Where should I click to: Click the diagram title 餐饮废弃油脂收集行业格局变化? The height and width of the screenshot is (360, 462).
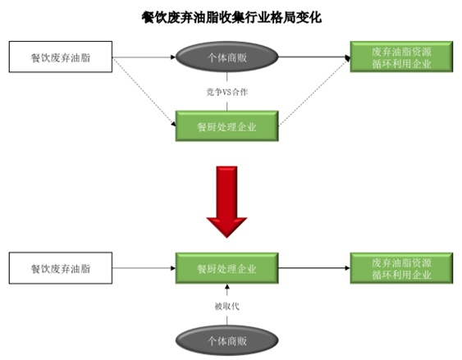pyautogui.click(x=231, y=17)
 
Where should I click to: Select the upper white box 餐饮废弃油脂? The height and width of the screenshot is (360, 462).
pyautogui.click(x=61, y=57)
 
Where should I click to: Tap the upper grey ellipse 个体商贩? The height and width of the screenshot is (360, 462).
pyautogui.click(x=226, y=57)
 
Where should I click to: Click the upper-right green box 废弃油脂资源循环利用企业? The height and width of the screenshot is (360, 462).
pyautogui.click(x=401, y=57)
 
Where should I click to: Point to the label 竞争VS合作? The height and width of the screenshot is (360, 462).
pyautogui.click(x=226, y=92)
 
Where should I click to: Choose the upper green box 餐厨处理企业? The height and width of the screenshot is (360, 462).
pyautogui.click(x=226, y=126)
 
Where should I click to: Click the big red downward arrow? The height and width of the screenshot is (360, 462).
pyautogui.click(x=226, y=202)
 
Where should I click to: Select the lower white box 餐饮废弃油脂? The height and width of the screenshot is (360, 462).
pyautogui.click(x=61, y=268)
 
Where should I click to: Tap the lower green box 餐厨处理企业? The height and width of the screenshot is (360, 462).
pyautogui.click(x=226, y=268)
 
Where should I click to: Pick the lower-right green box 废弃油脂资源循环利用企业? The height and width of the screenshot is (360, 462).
pyautogui.click(x=401, y=268)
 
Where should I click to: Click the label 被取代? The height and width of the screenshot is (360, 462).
pyautogui.click(x=226, y=307)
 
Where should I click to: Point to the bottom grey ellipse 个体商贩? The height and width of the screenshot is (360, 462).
pyautogui.click(x=226, y=340)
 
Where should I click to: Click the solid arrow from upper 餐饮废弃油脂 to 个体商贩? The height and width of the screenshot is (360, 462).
pyautogui.click(x=144, y=57)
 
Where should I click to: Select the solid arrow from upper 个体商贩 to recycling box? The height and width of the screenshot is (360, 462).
pyautogui.click(x=314, y=57)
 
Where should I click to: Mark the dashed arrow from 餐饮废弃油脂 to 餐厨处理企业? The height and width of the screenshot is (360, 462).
pyautogui.click(x=144, y=92)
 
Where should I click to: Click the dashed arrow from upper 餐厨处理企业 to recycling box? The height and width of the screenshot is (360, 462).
pyautogui.click(x=314, y=92)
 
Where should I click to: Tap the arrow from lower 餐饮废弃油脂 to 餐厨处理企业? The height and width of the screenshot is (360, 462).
pyautogui.click(x=144, y=268)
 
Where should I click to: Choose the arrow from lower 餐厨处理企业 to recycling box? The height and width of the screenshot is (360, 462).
pyautogui.click(x=314, y=268)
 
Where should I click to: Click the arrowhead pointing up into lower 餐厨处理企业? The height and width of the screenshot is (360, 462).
pyautogui.click(x=226, y=286)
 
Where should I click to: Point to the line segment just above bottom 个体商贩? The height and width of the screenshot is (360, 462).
pyautogui.click(x=226, y=321)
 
